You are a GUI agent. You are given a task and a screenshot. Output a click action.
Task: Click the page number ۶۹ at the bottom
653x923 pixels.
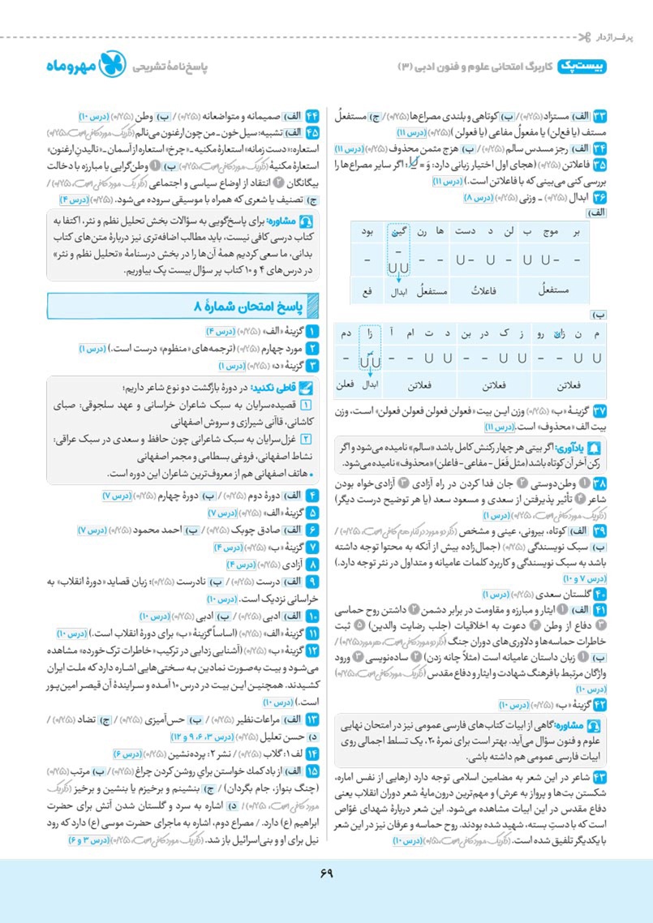[326, 873]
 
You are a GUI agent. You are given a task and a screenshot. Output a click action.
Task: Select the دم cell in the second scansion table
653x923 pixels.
[346, 333]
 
